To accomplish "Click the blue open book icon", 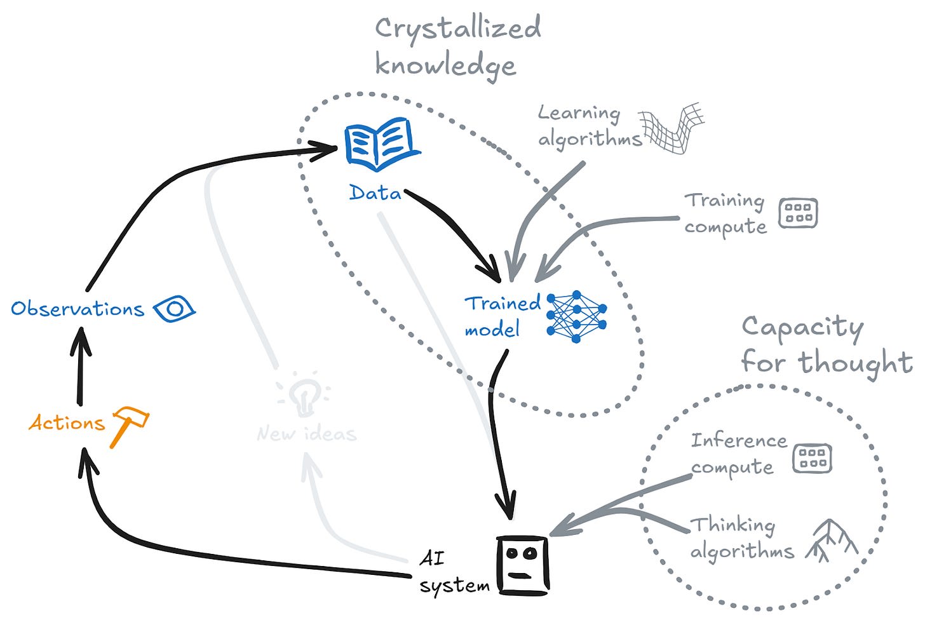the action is (382, 144).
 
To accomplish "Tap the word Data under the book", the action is (375, 192).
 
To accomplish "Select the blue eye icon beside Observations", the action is (174, 309).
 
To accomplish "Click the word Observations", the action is (78, 309).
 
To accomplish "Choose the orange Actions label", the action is (67, 422).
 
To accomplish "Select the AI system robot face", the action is (523, 565).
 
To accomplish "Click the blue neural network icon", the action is (576, 316).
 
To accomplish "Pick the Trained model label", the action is (502, 316).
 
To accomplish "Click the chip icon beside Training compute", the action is (798, 213).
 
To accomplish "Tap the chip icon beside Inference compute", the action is (812, 458).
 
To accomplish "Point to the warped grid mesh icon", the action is (671, 128).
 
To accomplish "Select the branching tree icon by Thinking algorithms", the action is (832, 541).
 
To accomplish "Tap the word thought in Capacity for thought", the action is (855, 363).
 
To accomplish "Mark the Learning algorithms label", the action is (590, 126).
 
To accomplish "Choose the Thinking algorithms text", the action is (742, 538).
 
